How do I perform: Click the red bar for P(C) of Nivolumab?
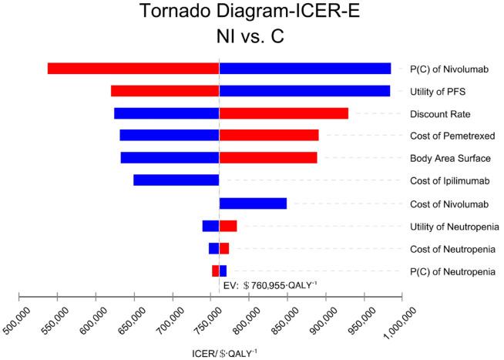[x=133, y=68]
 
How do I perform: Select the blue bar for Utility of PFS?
[x=304, y=91]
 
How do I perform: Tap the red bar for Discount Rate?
[x=284, y=113]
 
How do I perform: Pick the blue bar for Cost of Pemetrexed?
[x=170, y=136]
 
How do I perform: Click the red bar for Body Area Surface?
[x=268, y=158]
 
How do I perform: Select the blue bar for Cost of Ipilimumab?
[x=176, y=180]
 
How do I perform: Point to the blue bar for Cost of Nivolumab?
[x=253, y=204]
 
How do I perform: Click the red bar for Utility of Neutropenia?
[x=228, y=226]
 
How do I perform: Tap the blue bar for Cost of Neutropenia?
[x=213, y=248]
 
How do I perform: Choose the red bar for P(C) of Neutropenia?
[x=216, y=271]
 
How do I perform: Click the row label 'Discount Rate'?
[x=436, y=114]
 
